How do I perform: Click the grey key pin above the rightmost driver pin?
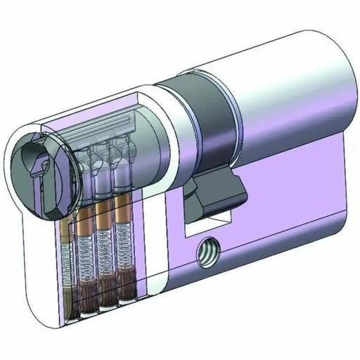point(123,176)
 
